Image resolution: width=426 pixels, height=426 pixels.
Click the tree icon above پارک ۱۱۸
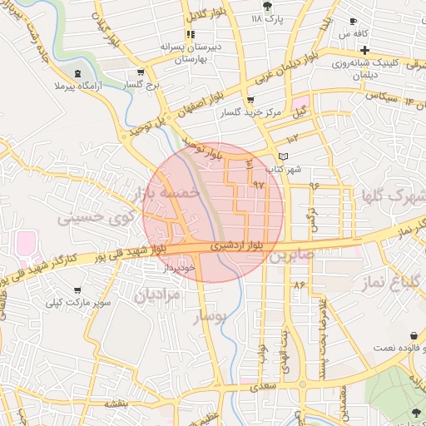click(266, 5)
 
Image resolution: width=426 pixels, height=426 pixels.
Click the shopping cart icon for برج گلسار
click(141, 72)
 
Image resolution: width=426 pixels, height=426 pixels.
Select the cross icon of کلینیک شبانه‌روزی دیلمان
click(364, 50)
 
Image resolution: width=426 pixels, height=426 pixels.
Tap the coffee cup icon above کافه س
click(353, 22)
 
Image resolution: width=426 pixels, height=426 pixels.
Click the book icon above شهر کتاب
click(283, 156)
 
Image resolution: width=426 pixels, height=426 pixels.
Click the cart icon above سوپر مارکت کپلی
click(77, 290)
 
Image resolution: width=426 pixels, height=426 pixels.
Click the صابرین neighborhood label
click(291, 255)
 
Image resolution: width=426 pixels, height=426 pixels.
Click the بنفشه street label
click(114, 403)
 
